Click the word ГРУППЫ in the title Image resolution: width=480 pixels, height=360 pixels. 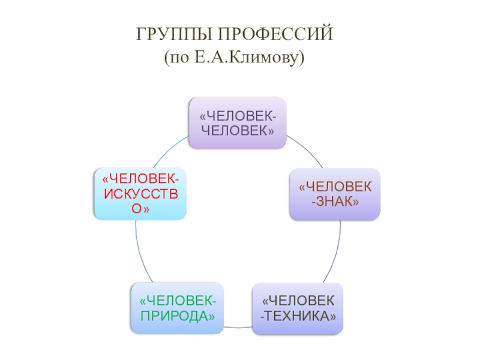pyautogui.click(x=173, y=35)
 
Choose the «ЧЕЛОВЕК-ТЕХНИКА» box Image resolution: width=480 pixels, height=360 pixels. pyautogui.click(x=298, y=308)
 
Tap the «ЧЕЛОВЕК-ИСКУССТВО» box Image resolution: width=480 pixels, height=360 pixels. pyautogui.click(x=140, y=194)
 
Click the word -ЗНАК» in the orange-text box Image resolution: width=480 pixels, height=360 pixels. pyautogui.click(x=335, y=202)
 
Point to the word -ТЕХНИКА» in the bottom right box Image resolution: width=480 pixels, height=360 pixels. pyautogui.click(x=298, y=316)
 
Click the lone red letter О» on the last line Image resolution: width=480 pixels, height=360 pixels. pyautogui.click(x=140, y=208)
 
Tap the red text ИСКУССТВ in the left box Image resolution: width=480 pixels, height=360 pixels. pyautogui.click(x=140, y=194)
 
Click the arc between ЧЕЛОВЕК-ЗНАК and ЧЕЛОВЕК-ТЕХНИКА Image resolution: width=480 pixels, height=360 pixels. pyautogui.click(x=336, y=252)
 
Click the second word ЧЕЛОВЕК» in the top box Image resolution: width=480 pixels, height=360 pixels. pyautogui.click(x=237, y=130)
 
